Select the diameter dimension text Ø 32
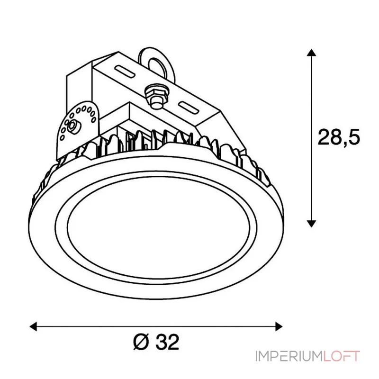(x=156, y=342)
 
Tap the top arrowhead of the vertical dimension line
(x=312, y=53)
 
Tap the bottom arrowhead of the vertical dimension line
(x=312, y=224)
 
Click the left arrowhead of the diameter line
(x=33, y=327)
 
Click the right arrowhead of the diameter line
(x=279, y=327)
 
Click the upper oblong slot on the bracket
(x=125, y=72)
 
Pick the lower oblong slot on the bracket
(x=189, y=108)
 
